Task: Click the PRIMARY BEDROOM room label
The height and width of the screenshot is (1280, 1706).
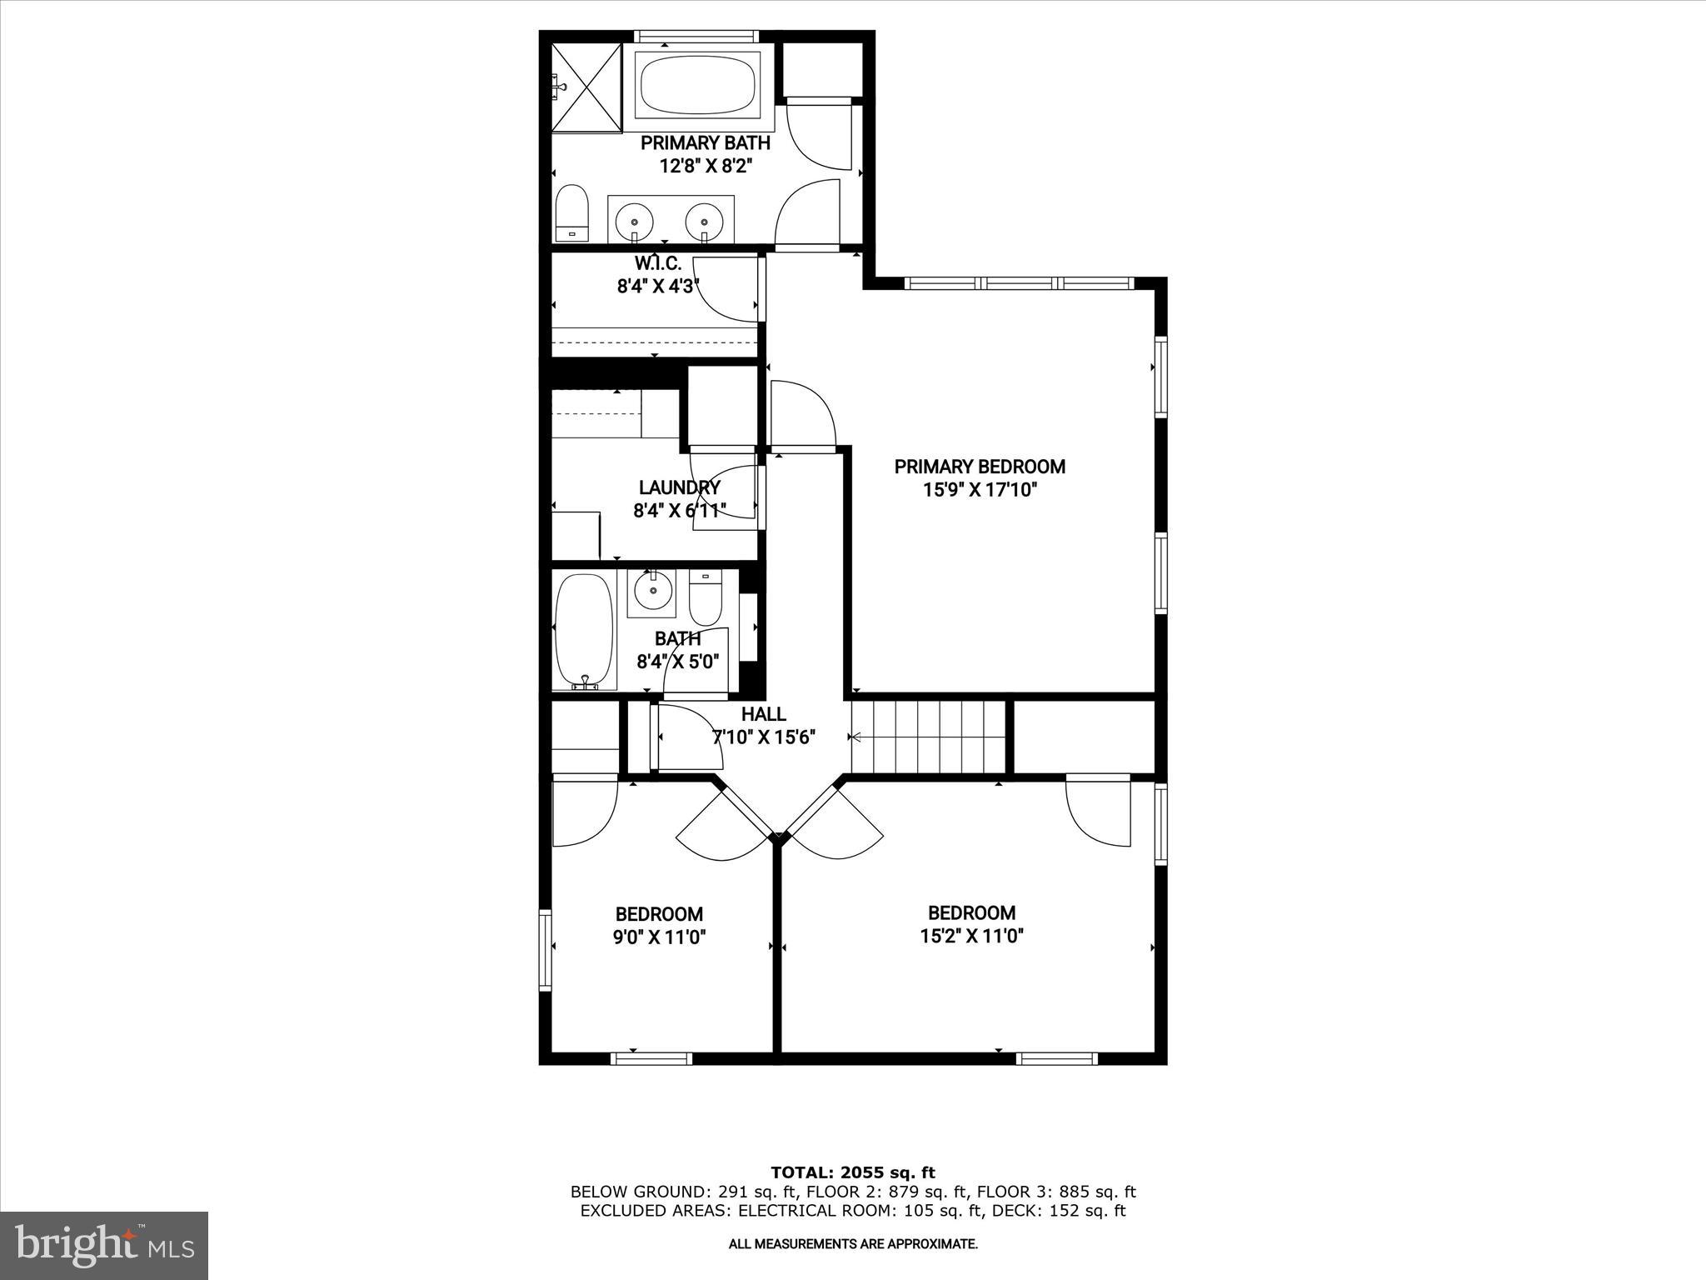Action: pyautogui.click(x=980, y=467)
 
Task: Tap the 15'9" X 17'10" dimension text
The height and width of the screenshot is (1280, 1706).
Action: pyautogui.click(x=980, y=490)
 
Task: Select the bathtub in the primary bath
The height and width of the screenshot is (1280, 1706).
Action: pyautogui.click(x=697, y=84)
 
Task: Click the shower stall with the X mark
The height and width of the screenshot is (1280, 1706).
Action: pyautogui.click(x=587, y=87)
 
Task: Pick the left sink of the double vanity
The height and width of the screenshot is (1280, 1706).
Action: pyautogui.click(x=635, y=222)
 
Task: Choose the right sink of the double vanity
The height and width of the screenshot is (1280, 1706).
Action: pyautogui.click(x=705, y=222)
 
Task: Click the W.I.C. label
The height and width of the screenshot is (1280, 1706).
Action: pyautogui.click(x=657, y=264)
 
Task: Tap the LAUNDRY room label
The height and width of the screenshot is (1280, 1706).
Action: pyautogui.click(x=679, y=487)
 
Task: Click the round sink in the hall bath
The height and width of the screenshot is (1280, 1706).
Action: pyautogui.click(x=652, y=592)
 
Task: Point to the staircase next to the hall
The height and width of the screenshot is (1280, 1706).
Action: pyautogui.click(x=929, y=737)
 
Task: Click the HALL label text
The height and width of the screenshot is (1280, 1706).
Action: pyautogui.click(x=763, y=714)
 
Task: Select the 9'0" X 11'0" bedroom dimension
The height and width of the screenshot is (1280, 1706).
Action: pyautogui.click(x=659, y=937)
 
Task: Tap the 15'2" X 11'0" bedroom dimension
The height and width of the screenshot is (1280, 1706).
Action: pyautogui.click(x=971, y=936)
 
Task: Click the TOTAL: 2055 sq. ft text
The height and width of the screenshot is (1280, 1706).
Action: pyautogui.click(x=852, y=1173)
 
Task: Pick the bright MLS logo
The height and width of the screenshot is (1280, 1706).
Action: pyautogui.click(x=104, y=1246)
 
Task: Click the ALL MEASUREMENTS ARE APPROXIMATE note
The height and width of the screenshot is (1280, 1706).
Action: pyautogui.click(x=852, y=1244)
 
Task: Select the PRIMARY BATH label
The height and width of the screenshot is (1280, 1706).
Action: pyautogui.click(x=705, y=143)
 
